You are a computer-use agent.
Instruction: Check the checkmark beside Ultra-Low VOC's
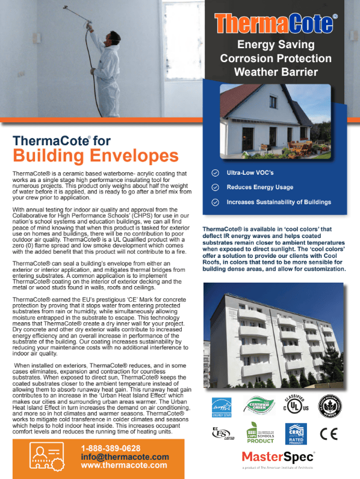click(x=216, y=172)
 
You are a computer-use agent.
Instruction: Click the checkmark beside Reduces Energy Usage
click(x=216, y=187)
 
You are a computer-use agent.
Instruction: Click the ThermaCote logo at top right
click(x=276, y=25)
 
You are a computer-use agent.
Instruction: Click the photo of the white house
click(x=275, y=121)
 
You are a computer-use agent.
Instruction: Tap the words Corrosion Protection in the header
click(x=276, y=58)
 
